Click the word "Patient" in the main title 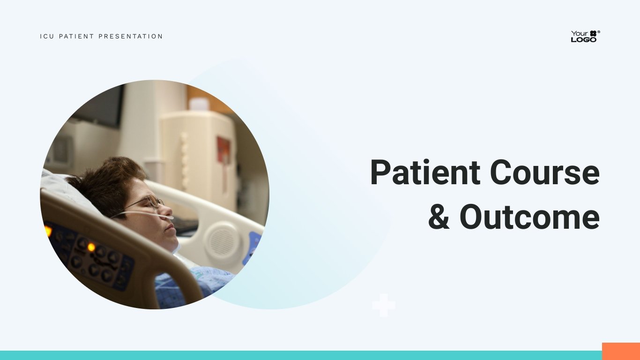(x=425, y=172)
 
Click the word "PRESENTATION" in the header (x=131, y=36)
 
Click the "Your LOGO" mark (x=584, y=36)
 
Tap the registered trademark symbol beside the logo (x=599, y=32)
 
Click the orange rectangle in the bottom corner (x=621, y=352)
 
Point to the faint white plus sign (x=384, y=305)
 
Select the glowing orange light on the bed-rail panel (x=91, y=247)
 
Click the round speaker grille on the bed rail (x=223, y=240)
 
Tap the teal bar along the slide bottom (x=301, y=355)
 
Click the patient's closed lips (x=171, y=228)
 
